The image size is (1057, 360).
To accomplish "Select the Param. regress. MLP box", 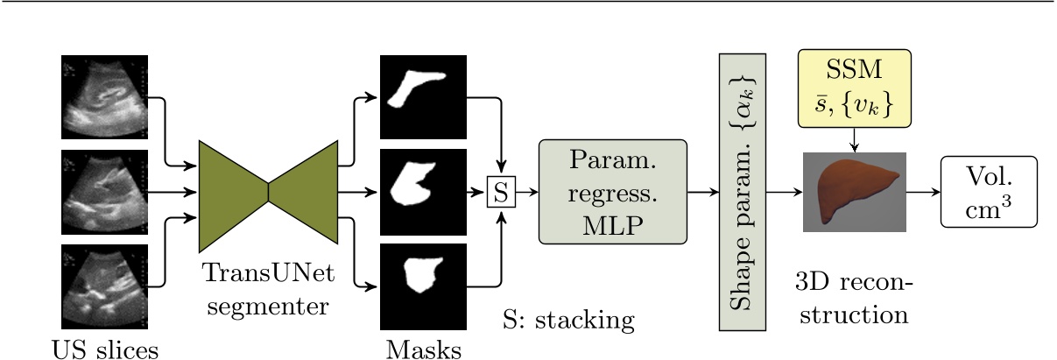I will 612,192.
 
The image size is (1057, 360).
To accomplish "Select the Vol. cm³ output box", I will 989,192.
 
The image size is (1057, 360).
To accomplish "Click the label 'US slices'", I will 105,348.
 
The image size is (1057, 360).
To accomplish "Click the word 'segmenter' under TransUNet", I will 269,307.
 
